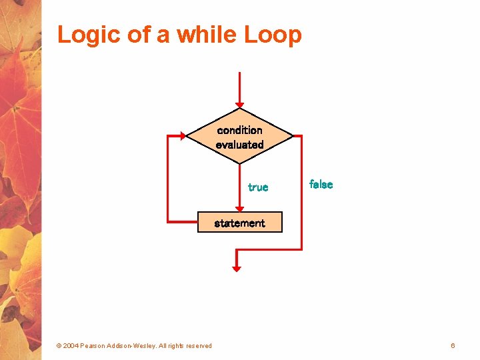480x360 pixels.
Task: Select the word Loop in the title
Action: [273, 35]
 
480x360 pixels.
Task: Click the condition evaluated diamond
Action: [239, 137]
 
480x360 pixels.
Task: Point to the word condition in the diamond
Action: [239, 130]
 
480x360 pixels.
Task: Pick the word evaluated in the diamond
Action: [239, 145]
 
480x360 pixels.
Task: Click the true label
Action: [258, 187]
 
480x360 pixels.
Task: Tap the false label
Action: [321, 185]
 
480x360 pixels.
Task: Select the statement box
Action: [239, 223]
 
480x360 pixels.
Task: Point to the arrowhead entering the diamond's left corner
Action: [182, 136]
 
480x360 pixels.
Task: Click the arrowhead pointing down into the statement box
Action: [239, 209]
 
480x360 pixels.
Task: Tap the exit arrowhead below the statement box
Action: [236, 268]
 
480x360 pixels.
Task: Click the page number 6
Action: [453, 345]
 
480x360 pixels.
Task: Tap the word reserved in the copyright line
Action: [199, 346]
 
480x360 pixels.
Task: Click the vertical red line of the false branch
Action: [301, 193]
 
